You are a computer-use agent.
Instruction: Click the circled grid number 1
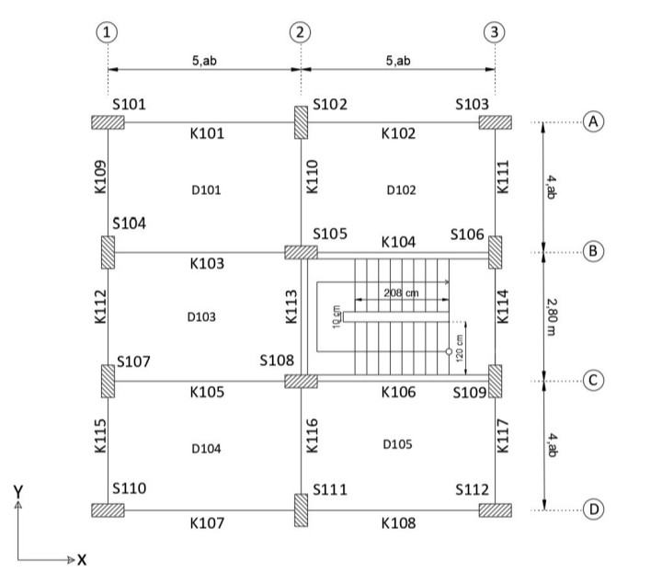click(x=108, y=31)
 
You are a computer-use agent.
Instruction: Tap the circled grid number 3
click(x=495, y=31)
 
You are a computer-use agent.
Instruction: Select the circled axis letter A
click(x=595, y=122)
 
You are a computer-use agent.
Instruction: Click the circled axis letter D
click(x=595, y=509)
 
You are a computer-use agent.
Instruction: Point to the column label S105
click(x=330, y=234)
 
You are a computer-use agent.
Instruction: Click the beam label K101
click(x=207, y=134)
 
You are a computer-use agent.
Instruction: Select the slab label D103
click(x=200, y=317)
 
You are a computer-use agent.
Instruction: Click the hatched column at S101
click(x=108, y=122)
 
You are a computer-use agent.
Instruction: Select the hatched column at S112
click(x=495, y=509)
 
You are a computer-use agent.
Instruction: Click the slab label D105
click(x=397, y=444)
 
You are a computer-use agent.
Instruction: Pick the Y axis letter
click(x=17, y=491)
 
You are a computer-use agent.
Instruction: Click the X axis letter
click(x=81, y=558)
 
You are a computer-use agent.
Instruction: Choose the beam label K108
click(x=398, y=523)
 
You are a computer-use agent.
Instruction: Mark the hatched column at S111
click(x=301, y=510)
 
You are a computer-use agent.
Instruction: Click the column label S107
click(x=133, y=362)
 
